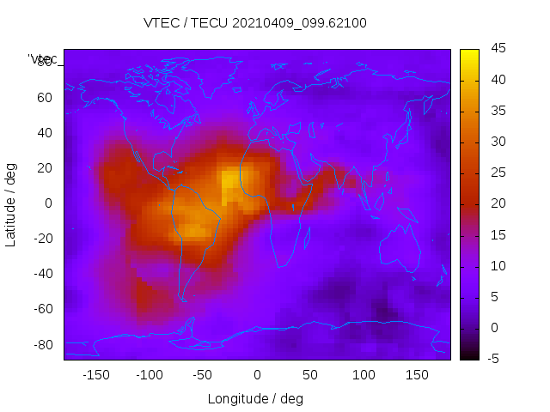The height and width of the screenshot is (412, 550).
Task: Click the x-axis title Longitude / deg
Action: (x=255, y=398)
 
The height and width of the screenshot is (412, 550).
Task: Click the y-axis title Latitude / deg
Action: (x=11, y=203)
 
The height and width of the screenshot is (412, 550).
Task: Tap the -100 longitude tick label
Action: (x=149, y=375)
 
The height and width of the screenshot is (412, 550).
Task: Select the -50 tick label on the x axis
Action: (x=203, y=375)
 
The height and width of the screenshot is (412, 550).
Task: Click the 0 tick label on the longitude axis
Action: (x=256, y=375)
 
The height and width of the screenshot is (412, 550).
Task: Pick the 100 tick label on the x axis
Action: (x=364, y=375)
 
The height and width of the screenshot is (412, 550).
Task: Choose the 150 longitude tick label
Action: (x=417, y=375)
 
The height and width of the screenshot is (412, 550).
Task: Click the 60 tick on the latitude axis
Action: (x=45, y=97)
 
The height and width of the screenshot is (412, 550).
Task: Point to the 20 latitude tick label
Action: (x=45, y=168)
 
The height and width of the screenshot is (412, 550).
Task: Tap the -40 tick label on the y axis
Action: (x=42, y=274)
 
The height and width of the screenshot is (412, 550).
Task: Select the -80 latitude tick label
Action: (x=42, y=345)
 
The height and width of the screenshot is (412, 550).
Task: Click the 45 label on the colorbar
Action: (x=498, y=49)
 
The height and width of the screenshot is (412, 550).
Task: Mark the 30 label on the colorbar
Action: (x=498, y=142)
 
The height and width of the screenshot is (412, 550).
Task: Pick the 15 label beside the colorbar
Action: (x=498, y=234)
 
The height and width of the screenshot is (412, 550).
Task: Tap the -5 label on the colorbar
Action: (x=495, y=358)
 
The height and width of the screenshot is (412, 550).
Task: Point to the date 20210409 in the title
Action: (x=273, y=23)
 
